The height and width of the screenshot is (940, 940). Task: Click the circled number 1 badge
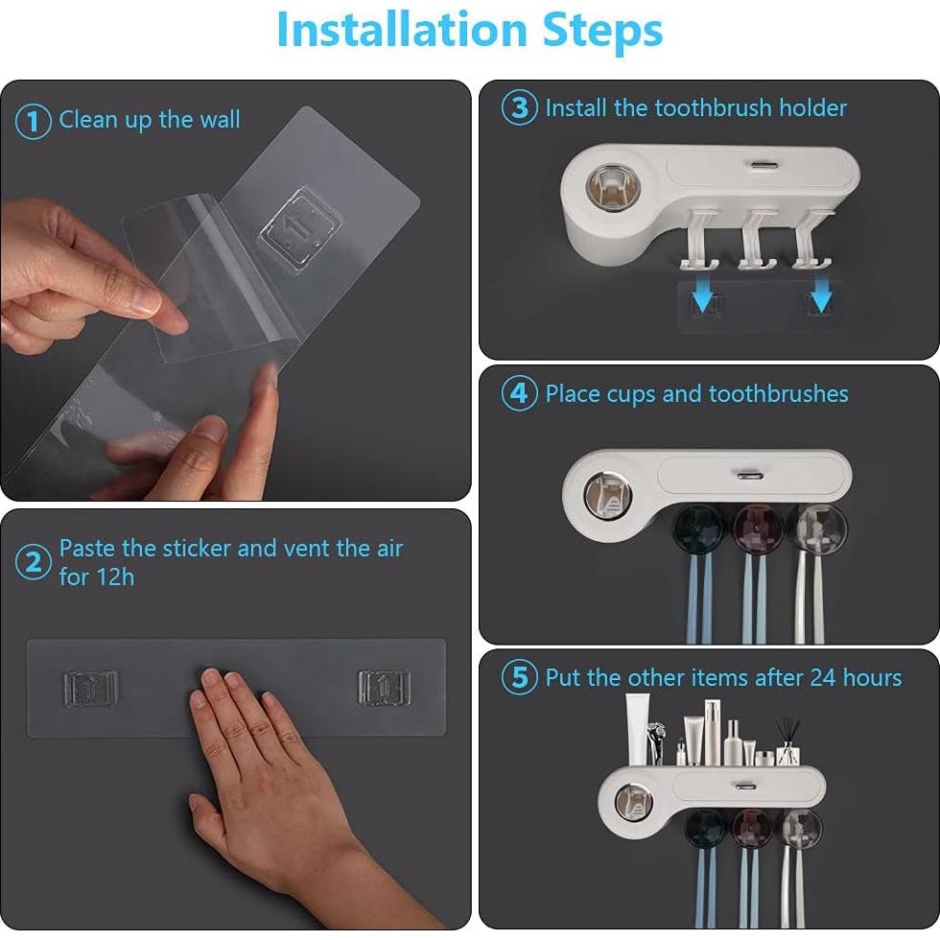34,122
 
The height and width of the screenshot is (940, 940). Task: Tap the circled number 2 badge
34,563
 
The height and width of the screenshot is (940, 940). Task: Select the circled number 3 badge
520,107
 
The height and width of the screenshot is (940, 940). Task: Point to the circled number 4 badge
520,394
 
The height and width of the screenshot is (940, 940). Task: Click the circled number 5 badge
520,678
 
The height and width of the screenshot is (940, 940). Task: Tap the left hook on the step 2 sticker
90,687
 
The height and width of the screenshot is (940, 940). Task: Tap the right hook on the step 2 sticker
384,687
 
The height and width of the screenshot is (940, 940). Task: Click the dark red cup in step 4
754,530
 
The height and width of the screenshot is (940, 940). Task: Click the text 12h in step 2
113,576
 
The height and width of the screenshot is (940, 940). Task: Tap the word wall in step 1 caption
220,120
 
